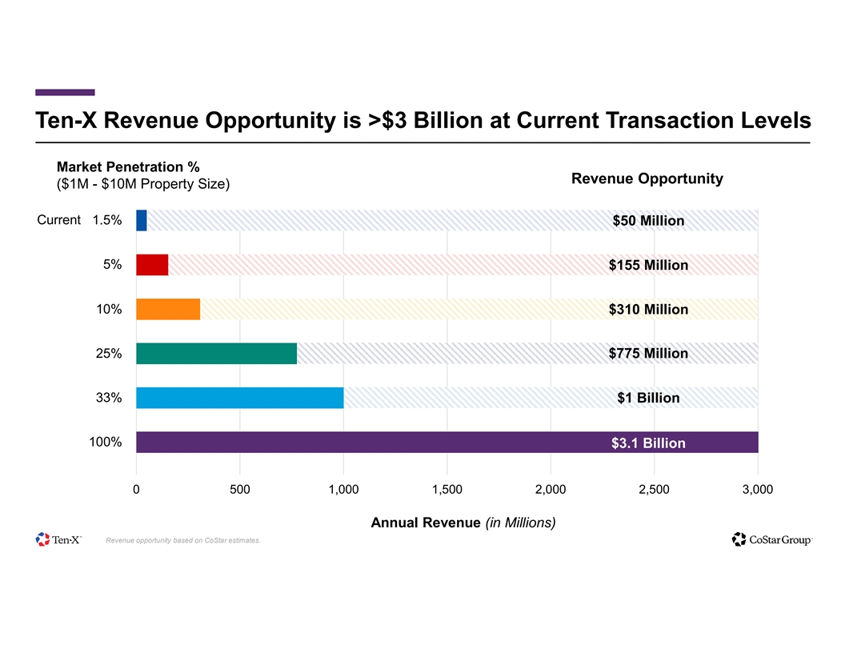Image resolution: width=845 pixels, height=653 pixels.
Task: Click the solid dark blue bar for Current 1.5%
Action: point(142,220)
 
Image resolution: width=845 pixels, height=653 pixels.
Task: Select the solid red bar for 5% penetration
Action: point(152,265)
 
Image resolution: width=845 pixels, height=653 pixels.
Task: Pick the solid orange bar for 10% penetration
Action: point(168,309)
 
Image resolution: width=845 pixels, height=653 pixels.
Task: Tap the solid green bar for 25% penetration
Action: point(216,354)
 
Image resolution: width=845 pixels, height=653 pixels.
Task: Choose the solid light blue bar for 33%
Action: point(240,398)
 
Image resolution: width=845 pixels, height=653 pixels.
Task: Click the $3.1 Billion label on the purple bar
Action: point(648,443)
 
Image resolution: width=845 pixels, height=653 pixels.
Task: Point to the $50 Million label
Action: point(648,221)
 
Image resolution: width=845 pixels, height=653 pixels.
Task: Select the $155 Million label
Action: point(648,265)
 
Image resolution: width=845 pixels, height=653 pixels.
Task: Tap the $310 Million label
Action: point(648,310)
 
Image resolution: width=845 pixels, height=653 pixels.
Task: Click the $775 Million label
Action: point(648,354)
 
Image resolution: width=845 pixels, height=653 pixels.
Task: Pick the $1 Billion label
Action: point(648,399)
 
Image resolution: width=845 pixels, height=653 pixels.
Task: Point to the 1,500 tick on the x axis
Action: point(447,490)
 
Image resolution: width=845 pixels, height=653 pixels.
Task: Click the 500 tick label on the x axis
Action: point(239,490)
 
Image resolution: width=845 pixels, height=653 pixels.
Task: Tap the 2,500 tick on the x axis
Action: point(654,490)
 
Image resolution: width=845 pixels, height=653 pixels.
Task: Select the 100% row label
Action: point(106,442)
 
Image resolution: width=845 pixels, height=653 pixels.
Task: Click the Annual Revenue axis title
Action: point(463,523)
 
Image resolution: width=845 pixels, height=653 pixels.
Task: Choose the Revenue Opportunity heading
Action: point(647,178)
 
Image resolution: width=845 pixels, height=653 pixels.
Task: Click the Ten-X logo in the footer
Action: point(59,539)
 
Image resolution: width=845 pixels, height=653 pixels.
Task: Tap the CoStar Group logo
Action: point(772,539)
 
